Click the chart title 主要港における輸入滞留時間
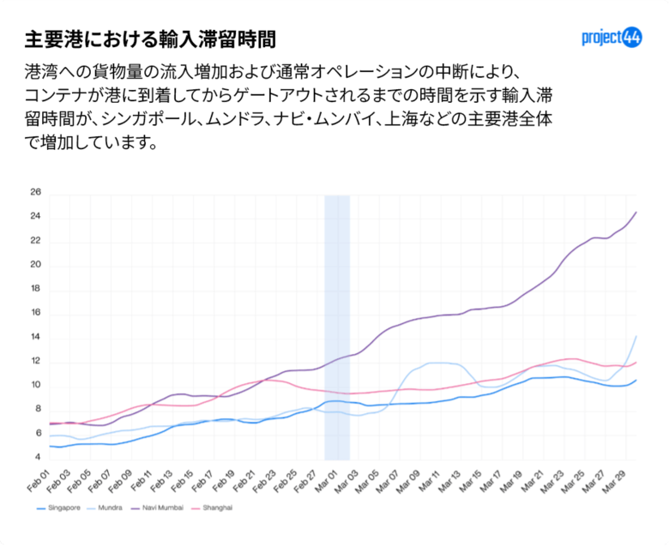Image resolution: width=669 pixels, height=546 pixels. click(150, 39)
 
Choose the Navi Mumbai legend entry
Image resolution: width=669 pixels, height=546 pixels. click(159, 508)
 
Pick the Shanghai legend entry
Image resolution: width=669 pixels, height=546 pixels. click(214, 508)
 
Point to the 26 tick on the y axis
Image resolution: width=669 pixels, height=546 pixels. click(35, 192)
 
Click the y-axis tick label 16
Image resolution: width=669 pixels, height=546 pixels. click(35, 313)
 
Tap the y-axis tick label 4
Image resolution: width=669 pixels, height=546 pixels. click(38, 458)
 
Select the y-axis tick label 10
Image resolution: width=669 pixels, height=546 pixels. click(35, 385)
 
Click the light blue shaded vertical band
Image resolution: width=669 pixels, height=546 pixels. click(337, 326)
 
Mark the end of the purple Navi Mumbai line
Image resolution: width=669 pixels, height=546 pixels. click(636, 212)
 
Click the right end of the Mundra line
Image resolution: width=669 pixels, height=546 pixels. click(636, 336)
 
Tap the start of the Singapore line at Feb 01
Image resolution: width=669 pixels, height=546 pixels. click(50, 446)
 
